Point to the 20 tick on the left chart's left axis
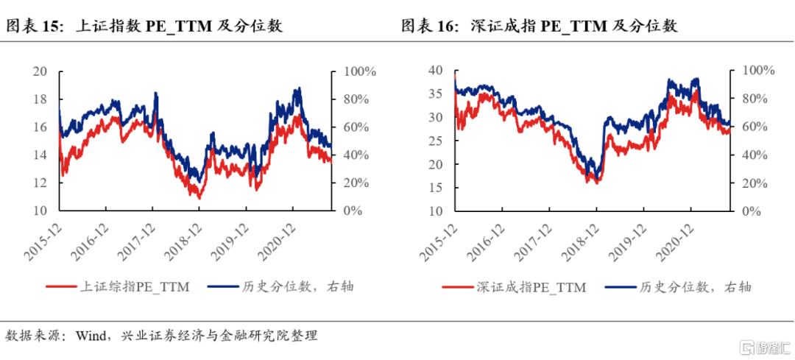pos(40,71)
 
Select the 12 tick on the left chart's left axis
pos(40,183)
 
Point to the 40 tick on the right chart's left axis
pos(436,71)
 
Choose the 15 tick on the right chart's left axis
pos(436,187)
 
